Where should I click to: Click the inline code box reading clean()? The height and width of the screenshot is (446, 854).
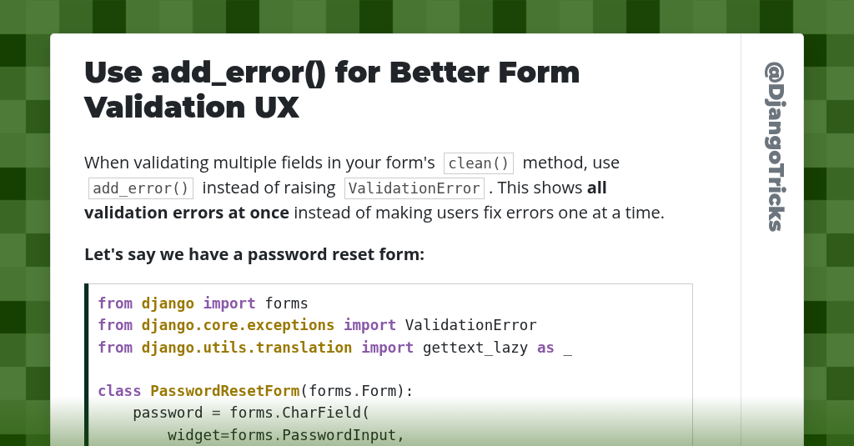click(x=478, y=163)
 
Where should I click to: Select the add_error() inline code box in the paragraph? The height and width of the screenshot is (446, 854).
click(x=141, y=188)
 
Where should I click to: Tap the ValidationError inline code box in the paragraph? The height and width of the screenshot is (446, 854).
click(x=414, y=188)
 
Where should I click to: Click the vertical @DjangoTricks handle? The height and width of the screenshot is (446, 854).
click(x=774, y=147)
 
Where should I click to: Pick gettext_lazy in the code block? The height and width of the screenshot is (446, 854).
click(x=475, y=348)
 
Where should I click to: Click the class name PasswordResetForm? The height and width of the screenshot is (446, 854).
click(x=224, y=391)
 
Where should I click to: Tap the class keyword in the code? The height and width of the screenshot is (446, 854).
click(x=119, y=391)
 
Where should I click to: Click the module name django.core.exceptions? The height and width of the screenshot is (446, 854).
click(x=238, y=325)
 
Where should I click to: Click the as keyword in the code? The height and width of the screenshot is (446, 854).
click(x=545, y=348)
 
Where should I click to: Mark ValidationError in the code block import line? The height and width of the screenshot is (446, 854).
click(x=470, y=325)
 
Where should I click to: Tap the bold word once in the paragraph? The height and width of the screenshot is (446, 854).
click(x=269, y=213)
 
